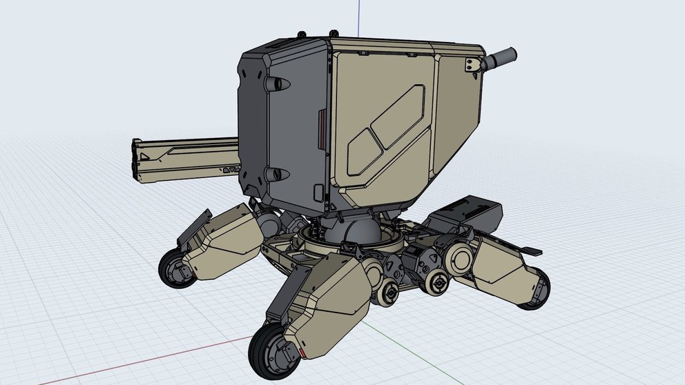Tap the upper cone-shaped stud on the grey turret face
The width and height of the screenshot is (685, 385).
coord(276,83)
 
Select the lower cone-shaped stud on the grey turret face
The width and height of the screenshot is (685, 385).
coord(274,172)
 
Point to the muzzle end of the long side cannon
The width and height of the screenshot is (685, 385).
coord(137,160)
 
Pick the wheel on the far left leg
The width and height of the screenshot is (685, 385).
coord(177,269)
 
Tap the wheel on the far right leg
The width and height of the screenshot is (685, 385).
coord(535,289)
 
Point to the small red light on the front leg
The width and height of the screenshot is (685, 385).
coord(302,353)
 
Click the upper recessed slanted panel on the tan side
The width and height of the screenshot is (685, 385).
coord(400,117)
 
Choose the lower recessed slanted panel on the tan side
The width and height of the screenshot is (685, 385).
coord(365,147)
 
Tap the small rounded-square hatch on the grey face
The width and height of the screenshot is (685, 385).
coord(318,192)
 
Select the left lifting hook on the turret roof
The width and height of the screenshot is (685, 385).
coord(301,33)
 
